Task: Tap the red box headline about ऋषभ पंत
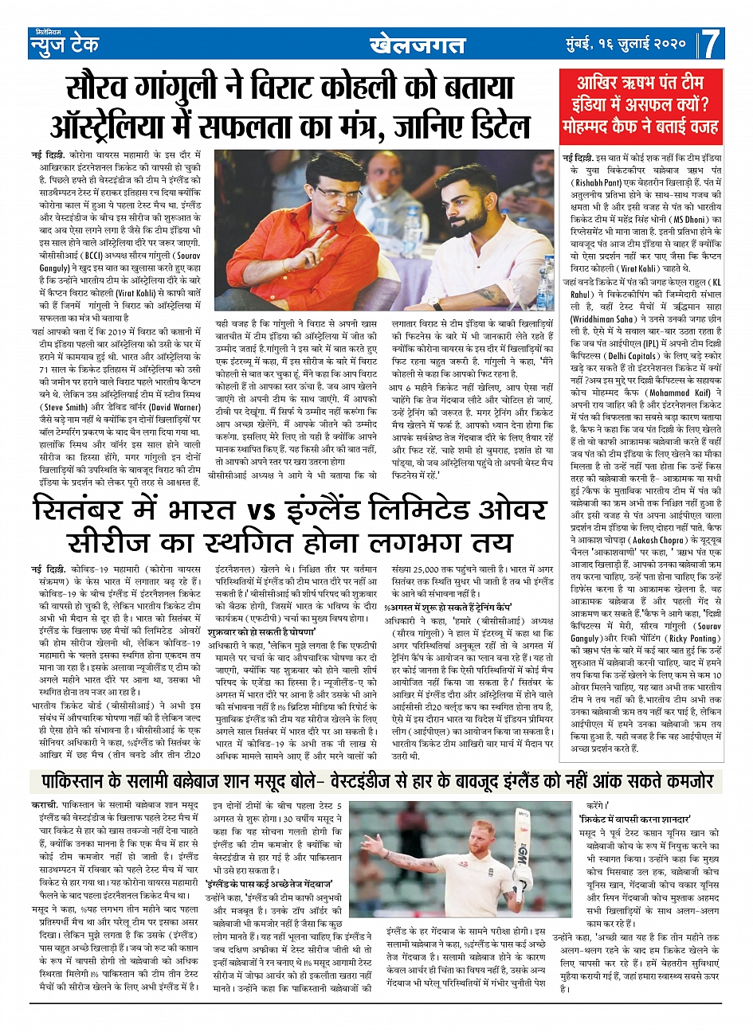pyautogui.click(x=649, y=104)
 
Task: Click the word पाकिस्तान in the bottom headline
pyautogui.click(x=77, y=780)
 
